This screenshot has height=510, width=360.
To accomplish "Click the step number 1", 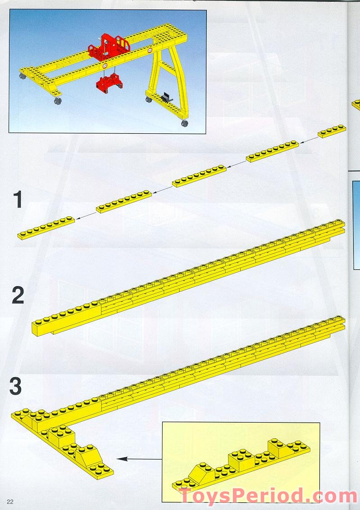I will click(18, 200).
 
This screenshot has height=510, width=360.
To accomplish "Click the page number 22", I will click(10, 502).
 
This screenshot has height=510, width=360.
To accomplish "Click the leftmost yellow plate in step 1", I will click(46, 227).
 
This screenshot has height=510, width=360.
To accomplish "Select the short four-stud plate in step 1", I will click(332, 131).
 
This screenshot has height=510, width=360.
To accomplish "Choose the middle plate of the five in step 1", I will click(199, 176).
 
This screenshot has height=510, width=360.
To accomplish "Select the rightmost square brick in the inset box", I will click(279, 448).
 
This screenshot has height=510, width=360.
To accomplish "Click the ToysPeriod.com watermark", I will click(268, 496).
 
